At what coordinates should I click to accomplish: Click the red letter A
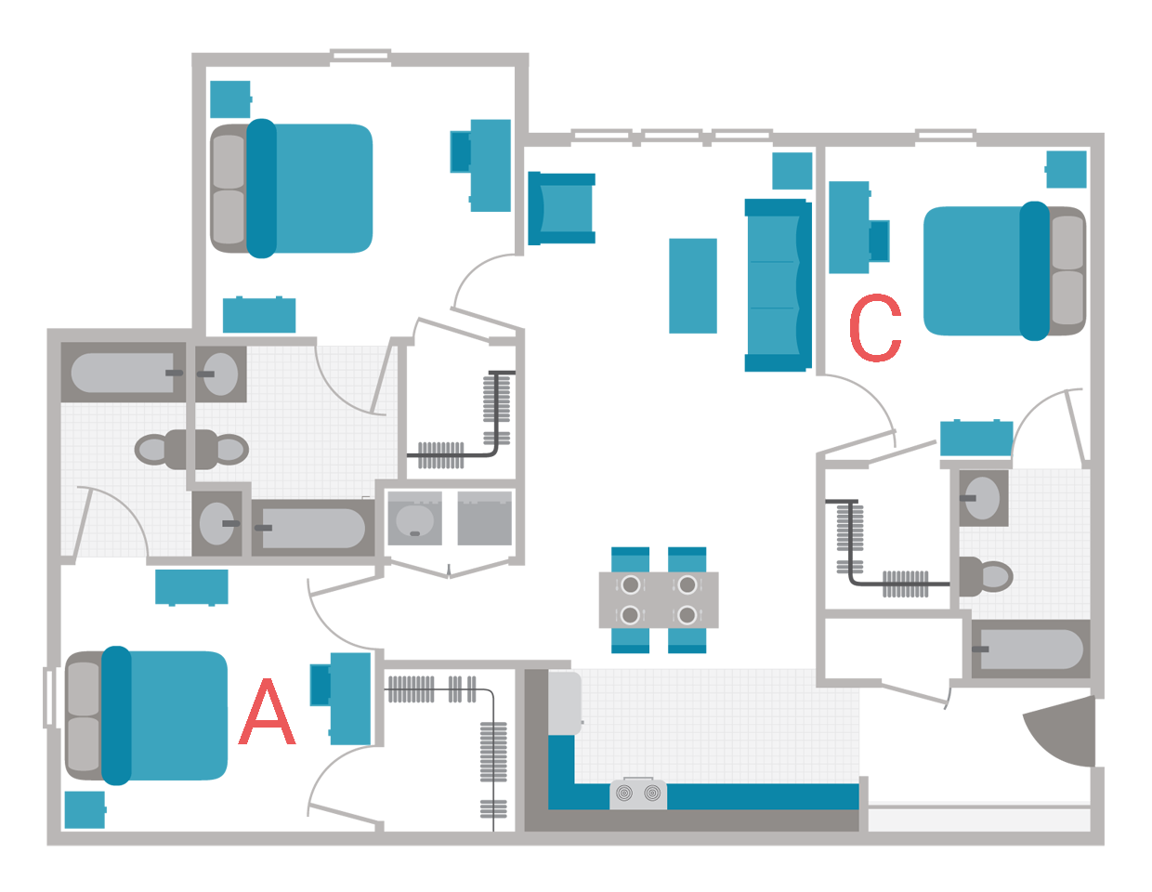click(268, 713)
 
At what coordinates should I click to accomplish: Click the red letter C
click(874, 330)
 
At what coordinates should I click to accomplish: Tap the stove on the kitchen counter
click(637, 794)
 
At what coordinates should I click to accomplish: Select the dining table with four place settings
click(658, 599)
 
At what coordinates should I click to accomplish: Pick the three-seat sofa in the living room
click(778, 285)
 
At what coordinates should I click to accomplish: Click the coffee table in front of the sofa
click(693, 285)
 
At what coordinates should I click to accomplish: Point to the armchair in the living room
click(561, 208)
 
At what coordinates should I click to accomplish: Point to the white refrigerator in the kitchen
click(564, 702)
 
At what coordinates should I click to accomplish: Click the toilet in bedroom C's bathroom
click(987, 575)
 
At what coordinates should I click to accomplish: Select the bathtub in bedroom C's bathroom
click(1029, 649)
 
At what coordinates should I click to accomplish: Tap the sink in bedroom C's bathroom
click(981, 497)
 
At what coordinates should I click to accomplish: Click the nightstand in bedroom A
click(84, 810)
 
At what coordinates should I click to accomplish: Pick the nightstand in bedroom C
click(1067, 169)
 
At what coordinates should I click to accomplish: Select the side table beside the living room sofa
click(792, 171)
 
